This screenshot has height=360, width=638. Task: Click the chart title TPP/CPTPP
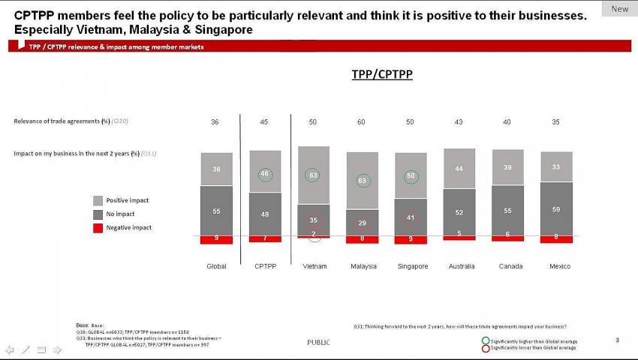382,75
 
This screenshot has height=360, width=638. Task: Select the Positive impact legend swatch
98,201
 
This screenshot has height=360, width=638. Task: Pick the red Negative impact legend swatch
98,227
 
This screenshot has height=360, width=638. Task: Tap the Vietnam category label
314,266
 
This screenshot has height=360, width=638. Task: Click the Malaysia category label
363,266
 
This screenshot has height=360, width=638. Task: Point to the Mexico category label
559,266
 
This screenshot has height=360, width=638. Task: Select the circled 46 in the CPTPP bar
264,174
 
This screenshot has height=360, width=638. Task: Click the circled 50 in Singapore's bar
411,176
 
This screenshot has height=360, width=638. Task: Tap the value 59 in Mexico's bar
556,210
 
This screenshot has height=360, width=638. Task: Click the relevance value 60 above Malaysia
362,121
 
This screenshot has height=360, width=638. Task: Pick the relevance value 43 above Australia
459,121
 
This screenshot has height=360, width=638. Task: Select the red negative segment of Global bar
216,239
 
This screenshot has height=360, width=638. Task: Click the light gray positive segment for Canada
507,166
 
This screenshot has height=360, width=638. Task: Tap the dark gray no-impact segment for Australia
459,212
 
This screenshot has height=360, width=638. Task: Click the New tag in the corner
620,9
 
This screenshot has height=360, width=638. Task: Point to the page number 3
617,340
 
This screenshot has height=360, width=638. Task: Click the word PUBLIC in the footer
318,343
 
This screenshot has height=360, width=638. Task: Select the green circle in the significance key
486,341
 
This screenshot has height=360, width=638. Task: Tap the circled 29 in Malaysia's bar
363,223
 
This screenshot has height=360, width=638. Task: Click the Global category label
216,266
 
